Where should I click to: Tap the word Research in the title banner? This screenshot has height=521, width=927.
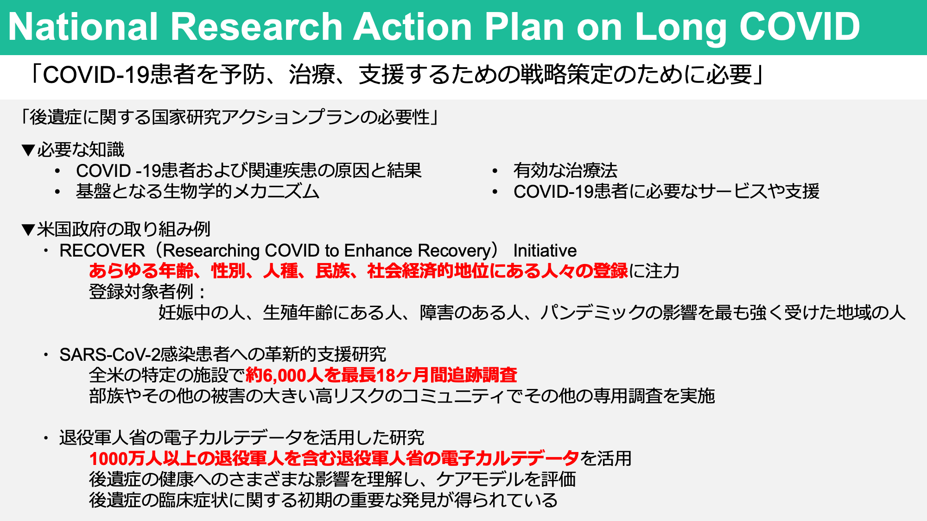[257, 27]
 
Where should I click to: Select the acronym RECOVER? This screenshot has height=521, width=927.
[102, 251]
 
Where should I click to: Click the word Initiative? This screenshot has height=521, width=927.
[545, 251]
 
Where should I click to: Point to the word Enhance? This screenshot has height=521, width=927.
[378, 251]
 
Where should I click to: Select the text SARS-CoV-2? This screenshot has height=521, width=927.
[110, 354]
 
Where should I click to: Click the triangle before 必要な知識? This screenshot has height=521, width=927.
[28, 150]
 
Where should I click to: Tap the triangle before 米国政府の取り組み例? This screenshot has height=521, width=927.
[28, 230]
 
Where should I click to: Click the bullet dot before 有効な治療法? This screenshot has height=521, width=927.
[495, 171]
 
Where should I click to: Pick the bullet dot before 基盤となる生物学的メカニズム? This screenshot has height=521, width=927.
[57, 192]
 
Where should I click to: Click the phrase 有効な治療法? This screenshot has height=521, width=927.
[565, 170]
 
